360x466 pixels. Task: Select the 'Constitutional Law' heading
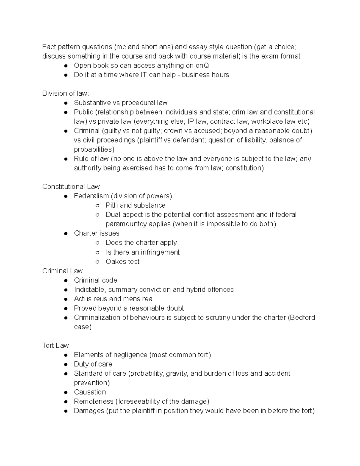click(71, 187)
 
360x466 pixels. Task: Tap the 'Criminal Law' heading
click(62, 271)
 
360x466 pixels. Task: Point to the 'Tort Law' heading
click(55, 345)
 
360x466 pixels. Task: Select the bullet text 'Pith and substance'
click(135, 205)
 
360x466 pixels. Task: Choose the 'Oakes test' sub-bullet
click(122, 262)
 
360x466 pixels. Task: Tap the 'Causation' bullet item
click(90, 392)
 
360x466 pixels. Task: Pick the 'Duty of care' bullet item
click(93, 364)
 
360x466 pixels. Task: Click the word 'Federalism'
click(91, 196)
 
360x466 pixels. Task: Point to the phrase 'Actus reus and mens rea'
click(113, 299)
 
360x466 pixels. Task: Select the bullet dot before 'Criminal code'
click(66, 281)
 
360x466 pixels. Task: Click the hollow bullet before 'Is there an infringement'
click(97, 252)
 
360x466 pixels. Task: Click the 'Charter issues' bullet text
click(96, 233)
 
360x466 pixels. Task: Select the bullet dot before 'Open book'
click(66, 66)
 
